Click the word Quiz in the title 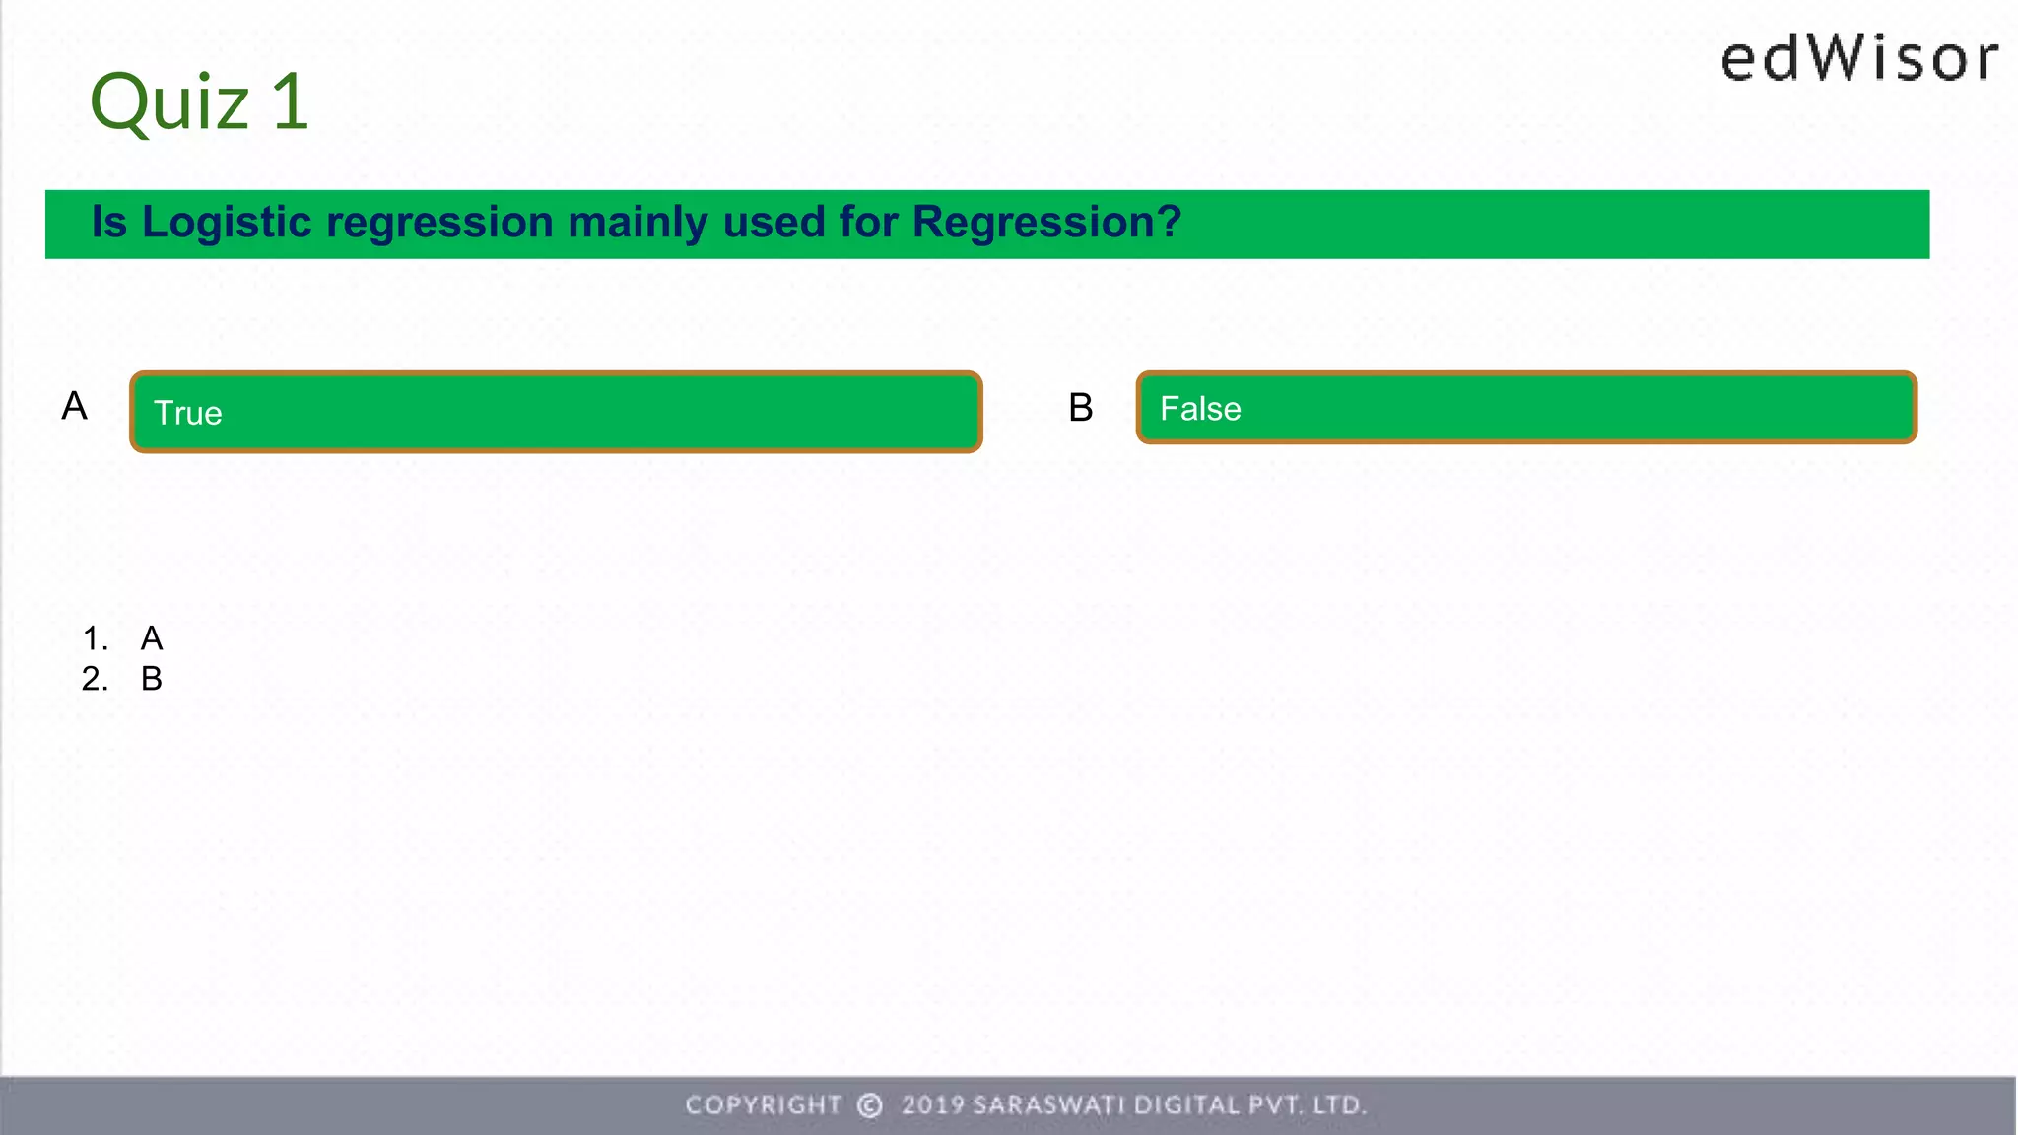(169, 103)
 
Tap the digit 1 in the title (290, 101)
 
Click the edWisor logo (1859, 59)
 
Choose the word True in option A (188, 413)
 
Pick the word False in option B (1200, 409)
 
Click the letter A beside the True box (75, 406)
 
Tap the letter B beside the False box (1081, 408)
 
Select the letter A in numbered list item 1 (152, 638)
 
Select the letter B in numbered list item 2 (152, 679)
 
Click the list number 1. (94, 638)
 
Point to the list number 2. (94, 679)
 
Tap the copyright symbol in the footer (870, 1105)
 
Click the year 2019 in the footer (932, 1105)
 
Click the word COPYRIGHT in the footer (764, 1105)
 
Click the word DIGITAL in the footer (1186, 1105)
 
